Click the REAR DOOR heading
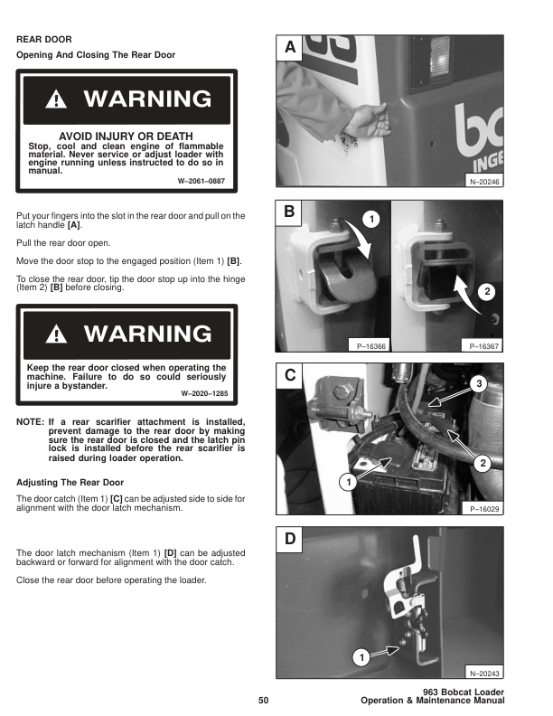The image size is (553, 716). (43, 39)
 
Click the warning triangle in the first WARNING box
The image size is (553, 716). (56, 99)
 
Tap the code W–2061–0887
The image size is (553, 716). (202, 181)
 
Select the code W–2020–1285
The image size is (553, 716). (204, 393)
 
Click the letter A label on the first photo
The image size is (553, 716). (290, 47)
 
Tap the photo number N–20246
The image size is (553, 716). (484, 182)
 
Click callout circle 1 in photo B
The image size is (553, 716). (371, 219)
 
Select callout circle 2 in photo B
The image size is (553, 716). (487, 291)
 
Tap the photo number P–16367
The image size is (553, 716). (484, 346)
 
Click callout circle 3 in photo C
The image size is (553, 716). (479, 383)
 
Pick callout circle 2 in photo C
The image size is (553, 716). (483, 464)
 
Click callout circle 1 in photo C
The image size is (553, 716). (349, 482)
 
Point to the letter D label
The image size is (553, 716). (290, 539)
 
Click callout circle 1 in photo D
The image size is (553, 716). (361, 657)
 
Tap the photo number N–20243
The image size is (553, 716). (484, 674)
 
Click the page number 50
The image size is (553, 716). (263, 700)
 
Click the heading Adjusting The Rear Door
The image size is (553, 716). (70, 483)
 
